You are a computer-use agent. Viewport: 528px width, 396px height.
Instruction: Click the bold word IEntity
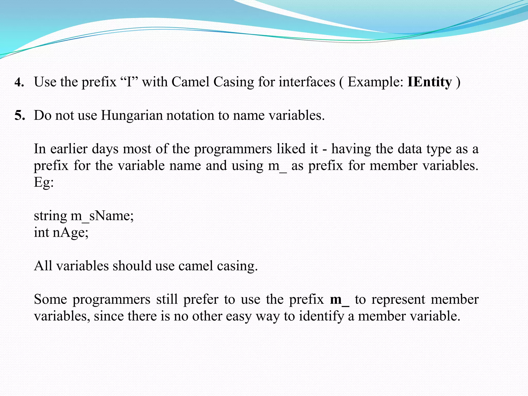pos(430,82)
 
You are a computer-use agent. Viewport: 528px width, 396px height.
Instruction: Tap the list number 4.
pos(19,82)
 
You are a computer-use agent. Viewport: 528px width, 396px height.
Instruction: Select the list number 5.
pos(20,115)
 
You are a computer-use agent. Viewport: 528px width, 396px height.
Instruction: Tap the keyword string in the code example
pos(50,216)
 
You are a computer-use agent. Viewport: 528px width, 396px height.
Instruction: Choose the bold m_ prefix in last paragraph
pos(340,300)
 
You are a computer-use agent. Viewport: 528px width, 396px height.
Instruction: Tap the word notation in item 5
pos(190,115)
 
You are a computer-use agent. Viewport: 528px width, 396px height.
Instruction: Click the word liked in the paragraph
pos(291,149)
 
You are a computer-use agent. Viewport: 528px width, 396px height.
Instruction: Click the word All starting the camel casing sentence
pos(43,266)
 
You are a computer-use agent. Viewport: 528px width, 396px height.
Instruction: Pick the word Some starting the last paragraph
pos(50,300)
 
